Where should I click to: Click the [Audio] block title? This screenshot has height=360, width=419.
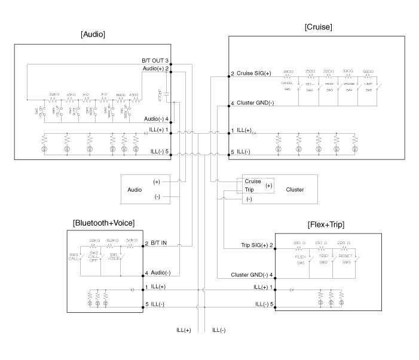click(x=93, y=35)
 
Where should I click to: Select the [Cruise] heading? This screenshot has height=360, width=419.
click(x=318, y=27)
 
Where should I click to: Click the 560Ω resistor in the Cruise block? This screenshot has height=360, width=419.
click(x=367, y=73)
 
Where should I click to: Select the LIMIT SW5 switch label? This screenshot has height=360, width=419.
click(x=368, y=88)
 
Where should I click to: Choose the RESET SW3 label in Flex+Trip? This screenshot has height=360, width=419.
click(x=345, y=257)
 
